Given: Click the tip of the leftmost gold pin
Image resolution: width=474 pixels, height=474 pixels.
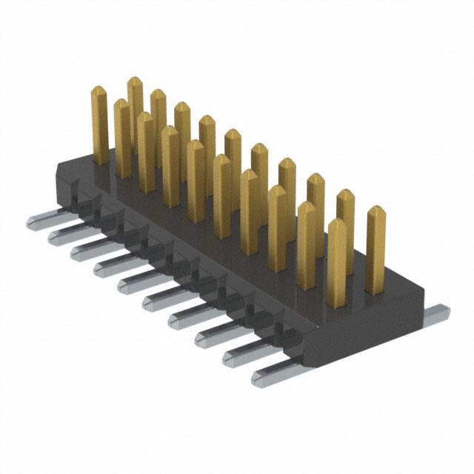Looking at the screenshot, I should (x=100, y=92).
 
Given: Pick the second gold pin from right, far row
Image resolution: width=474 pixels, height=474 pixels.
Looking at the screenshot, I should (x=345, y=222).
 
